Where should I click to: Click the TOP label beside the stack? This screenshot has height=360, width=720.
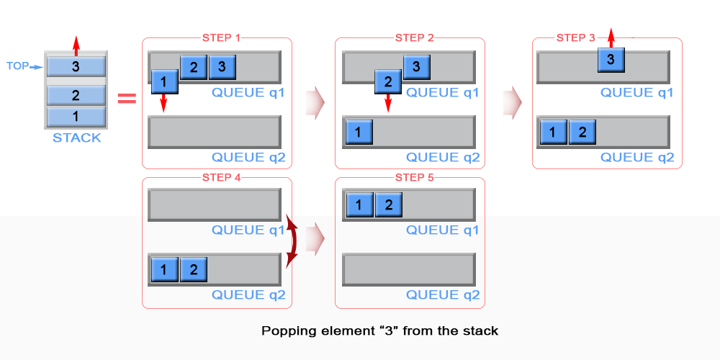[x=17, y=66]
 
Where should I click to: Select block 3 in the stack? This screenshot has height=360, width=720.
[x=76, y=66]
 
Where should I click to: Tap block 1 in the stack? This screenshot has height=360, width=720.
[x=76, y=117]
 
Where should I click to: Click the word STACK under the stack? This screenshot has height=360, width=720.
[x=76, y=138]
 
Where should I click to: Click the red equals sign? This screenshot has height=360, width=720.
[x=127, y=98]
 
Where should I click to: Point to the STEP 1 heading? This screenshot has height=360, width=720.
[x=218, y=38]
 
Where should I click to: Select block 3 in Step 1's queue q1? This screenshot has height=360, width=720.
[x=222, y=68]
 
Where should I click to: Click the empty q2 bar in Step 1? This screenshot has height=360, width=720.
[x=214, y=132]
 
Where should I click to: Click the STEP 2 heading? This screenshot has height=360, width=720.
[x=415, y=38]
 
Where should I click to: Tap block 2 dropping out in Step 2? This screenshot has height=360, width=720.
[x=388, y=81]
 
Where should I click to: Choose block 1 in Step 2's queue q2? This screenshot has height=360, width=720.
[x=359, y=132]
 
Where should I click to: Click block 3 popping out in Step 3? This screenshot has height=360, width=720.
[x=611, y=60]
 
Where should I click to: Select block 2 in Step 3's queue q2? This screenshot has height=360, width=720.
[x=582, y=132]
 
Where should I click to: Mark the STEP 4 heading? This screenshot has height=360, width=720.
[x=218, y=177]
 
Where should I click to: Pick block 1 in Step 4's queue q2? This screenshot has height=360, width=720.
[x=164, y=270]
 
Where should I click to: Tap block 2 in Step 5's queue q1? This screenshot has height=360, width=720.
[x=387, y=205]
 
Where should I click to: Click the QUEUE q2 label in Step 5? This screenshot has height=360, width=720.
[x=443, y=294]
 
